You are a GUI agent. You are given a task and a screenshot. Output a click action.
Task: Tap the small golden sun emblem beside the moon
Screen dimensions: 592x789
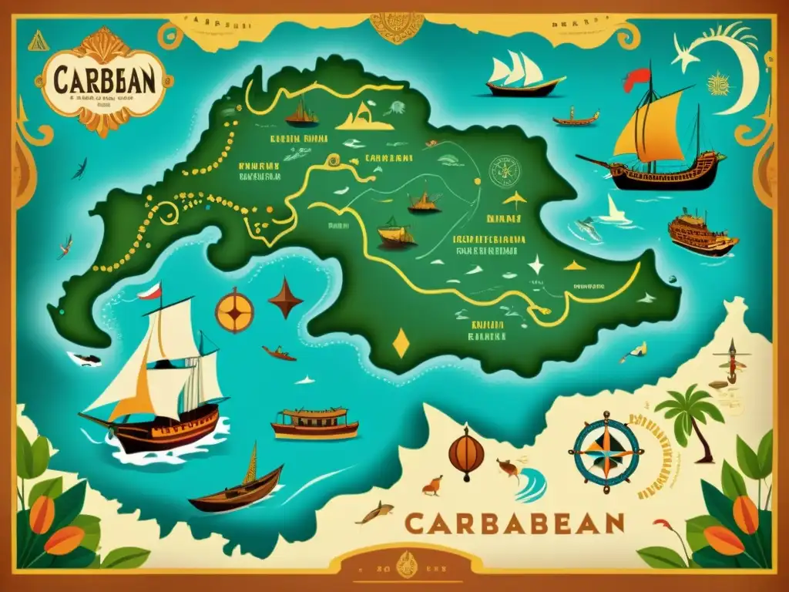tap(717, 82)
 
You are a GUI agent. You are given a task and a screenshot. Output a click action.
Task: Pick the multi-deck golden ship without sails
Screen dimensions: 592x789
tap(700, 234)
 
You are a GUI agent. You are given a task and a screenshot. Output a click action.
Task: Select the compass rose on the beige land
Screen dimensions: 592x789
tap(606, 451)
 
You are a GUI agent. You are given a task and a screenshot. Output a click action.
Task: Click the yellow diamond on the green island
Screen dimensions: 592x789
tap(401, 344)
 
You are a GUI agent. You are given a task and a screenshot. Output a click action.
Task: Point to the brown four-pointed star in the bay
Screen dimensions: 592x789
tap(285, 297)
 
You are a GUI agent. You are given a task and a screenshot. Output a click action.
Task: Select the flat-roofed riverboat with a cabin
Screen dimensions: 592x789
tap(314, 423)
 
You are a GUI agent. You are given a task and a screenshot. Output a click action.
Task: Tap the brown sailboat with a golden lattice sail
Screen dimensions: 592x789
tap(235, 486)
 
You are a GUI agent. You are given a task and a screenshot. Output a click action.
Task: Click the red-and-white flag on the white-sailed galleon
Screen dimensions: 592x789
tap(149, 292)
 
